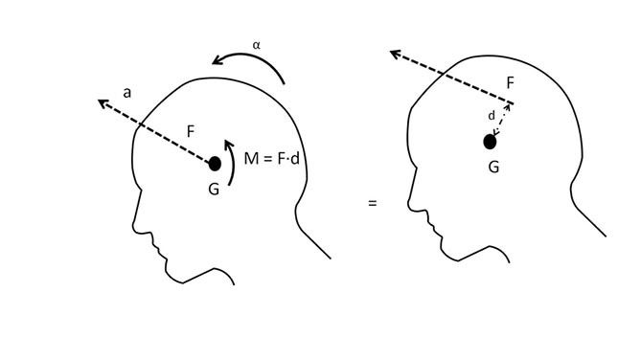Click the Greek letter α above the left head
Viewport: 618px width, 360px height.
(256, 44)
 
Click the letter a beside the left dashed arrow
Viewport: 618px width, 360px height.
(126, 92)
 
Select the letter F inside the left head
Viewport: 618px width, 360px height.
(192, 132)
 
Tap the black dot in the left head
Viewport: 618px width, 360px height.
(215, 164)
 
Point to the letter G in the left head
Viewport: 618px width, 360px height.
(214, 189)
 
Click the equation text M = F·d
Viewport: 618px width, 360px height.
(273, 159)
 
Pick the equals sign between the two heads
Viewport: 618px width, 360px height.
(372, 203)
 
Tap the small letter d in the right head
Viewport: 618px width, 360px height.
(492, 116)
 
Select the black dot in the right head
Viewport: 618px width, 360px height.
(490, 142)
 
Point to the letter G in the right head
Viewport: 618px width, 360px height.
(493, 167)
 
